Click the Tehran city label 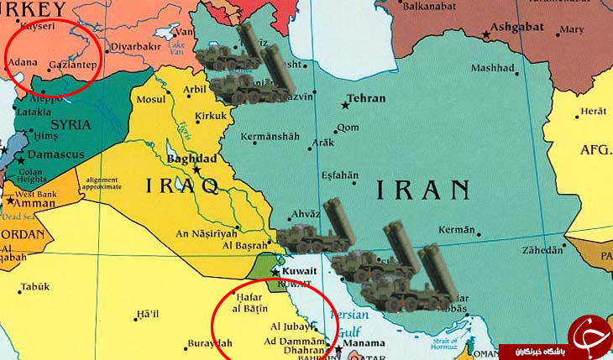coord(366,98)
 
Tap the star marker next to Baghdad coord(197,170)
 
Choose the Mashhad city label coord(492,68)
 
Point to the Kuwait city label coord(300,271)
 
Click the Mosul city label coord(152,99)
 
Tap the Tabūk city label coord(35,287)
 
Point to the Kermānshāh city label coord(270,136)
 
